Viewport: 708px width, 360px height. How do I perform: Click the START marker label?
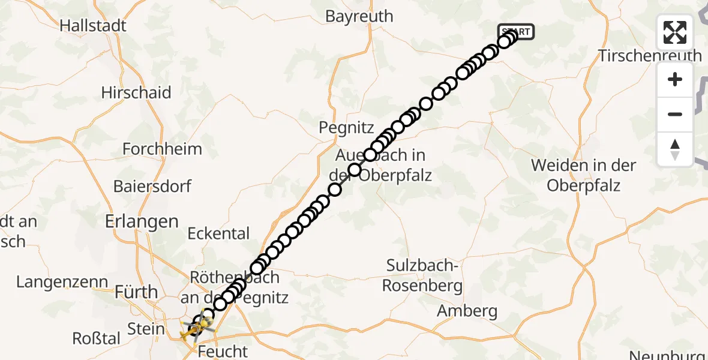515,31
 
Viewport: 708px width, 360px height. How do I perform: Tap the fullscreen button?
675,32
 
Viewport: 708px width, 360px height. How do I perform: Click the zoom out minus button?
675,114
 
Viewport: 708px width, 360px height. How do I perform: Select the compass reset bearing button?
675,149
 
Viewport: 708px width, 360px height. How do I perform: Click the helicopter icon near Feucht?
199,328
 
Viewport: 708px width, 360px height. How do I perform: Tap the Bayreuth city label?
359,16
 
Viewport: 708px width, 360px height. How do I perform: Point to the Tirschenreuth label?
650,56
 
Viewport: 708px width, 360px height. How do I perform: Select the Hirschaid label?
136,92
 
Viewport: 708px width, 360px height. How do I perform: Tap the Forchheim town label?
162,148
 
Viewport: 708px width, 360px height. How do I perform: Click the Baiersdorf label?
152,186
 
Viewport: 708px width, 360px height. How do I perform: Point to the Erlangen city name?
142,221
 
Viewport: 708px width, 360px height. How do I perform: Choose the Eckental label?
218,233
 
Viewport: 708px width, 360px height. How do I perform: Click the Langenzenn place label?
62,281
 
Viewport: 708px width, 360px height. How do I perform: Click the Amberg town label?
467,311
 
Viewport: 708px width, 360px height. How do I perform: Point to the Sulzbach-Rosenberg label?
423,275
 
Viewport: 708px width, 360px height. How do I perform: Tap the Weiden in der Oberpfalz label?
584,175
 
